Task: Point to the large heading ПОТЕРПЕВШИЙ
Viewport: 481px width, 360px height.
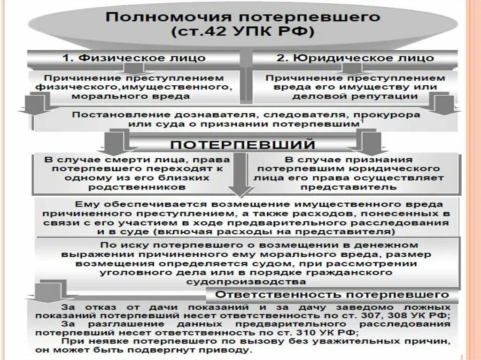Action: [x=242, y=143]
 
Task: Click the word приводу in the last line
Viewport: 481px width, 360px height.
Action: [x=231, y=350]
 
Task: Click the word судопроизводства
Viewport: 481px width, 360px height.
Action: [x=247, y=282]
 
